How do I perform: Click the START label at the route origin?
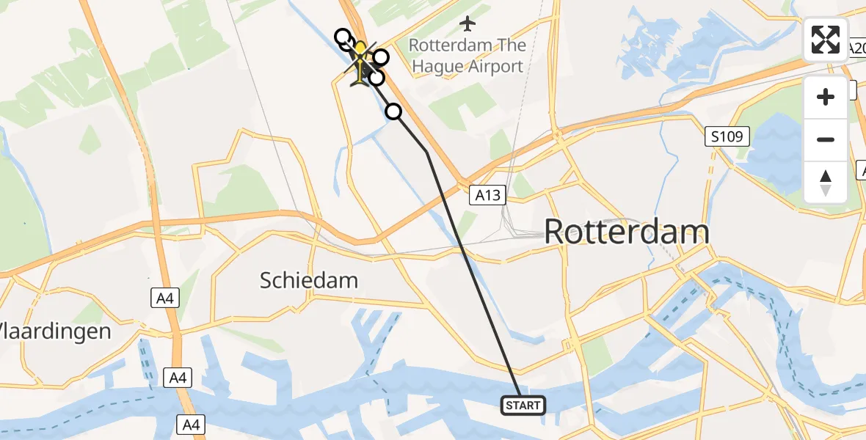(523, 405)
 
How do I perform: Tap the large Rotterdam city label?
(626, 232)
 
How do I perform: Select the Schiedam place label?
(309, 280)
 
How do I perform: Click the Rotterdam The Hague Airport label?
(467, 56)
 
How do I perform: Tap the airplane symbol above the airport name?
(467, 23)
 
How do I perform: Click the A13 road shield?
(487, 195)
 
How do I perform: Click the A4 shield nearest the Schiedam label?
(164, 298)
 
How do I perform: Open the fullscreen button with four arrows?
(826, 40)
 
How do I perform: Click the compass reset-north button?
(826, 183)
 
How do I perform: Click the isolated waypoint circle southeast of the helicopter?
(394, 111)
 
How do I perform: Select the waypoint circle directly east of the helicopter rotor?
(380, 57)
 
